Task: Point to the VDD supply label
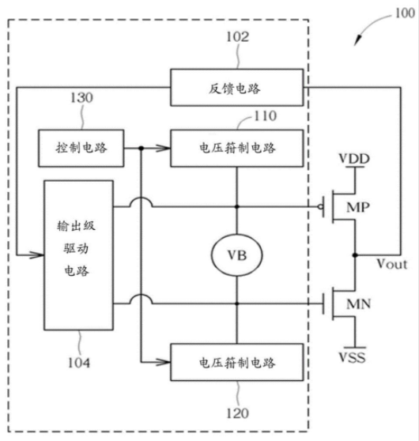(354, 159)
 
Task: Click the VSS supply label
(353, 357)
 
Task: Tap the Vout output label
(392, 264)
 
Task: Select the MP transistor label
(358, 208)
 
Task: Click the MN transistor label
(358, 304)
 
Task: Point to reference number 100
(405, 13)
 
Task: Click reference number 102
(238, 37)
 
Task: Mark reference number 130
(81, 98)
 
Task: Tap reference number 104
(79, 363)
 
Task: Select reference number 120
(238, 413)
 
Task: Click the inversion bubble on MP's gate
(320, 207)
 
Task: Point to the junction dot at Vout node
(355, 255)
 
